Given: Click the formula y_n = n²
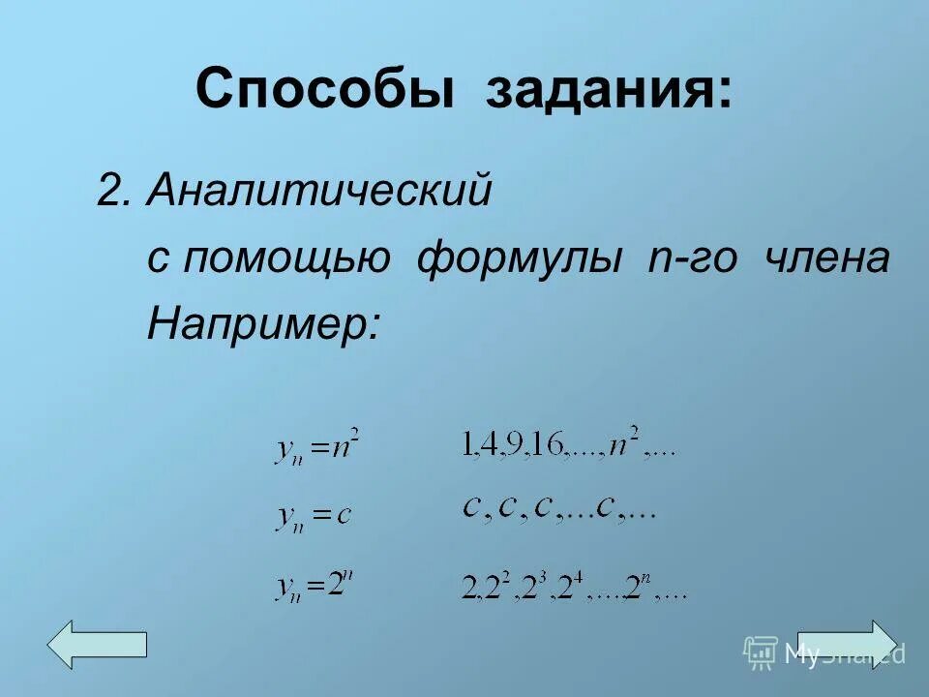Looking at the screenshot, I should [316, 448].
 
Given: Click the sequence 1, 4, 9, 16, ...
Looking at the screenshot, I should [568, 446].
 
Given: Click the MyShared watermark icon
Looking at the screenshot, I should [761, 652].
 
